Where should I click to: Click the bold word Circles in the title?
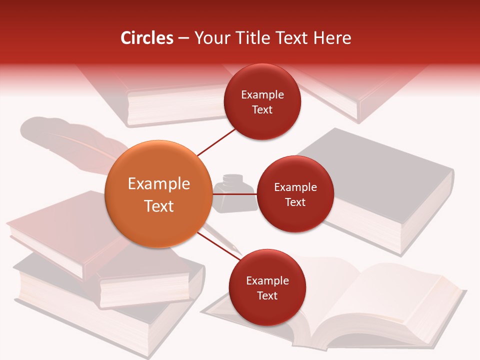146,38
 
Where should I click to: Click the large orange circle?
158,194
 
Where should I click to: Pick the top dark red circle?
262,101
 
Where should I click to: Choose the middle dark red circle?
295,194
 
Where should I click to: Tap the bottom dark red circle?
266,287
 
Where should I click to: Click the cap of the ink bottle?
232,179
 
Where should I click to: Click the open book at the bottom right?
360,305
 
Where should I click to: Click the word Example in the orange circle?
158,184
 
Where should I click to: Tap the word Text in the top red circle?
262,109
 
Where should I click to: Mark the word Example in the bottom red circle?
267,280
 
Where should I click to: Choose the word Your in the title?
210,38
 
